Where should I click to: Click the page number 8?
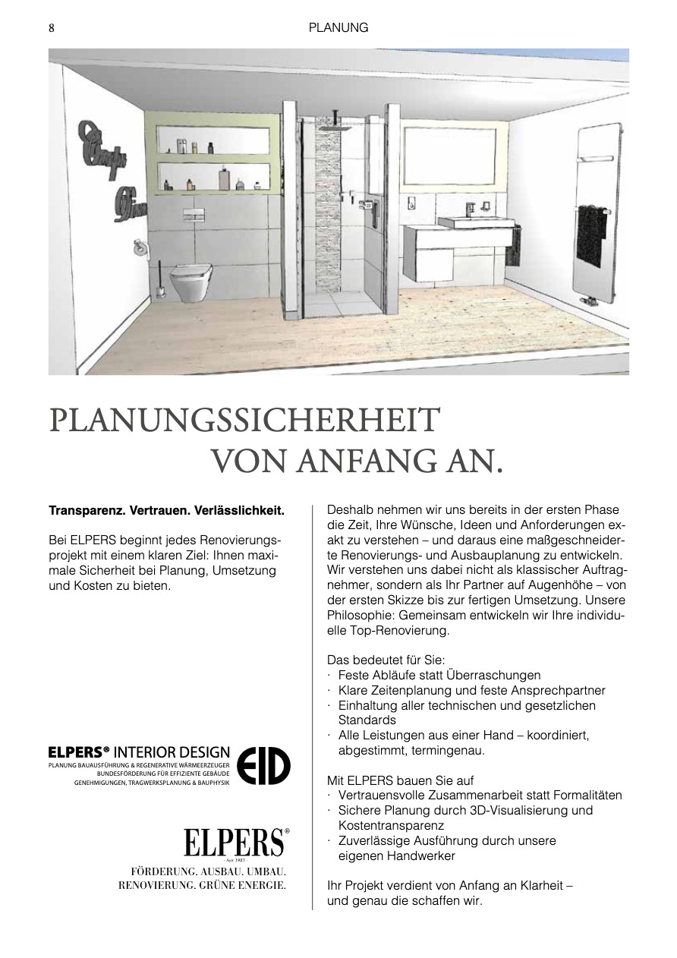point(52,27)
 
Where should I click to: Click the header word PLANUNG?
point(338,27)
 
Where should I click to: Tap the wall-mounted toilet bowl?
point(189,281)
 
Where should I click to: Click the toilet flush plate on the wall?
point(193,216)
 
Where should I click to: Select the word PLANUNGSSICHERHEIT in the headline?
point(244,421)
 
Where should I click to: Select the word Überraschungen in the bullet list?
point(494,675)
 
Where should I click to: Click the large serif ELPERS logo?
point(235,843)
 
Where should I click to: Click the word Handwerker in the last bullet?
point(417,856)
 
